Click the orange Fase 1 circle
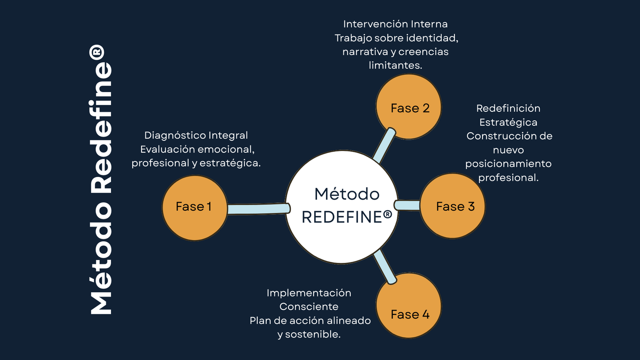[x=195, y=208]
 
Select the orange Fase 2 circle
[x=409, y=107]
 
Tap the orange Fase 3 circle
[x=453, y=206]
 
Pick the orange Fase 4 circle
[x=409, y=306]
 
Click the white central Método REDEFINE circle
[x=342, y=207]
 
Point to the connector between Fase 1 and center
[x=258, y=209]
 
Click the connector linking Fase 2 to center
[x=384, y=146]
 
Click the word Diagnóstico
[x=169, y=136]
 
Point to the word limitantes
[x=395, y=65]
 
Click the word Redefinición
[x=508, y=108]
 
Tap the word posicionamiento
[x=508, y=164]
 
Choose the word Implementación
[x=309, y=293]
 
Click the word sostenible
[x=312, y=334]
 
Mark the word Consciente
[x=309, y=307]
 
